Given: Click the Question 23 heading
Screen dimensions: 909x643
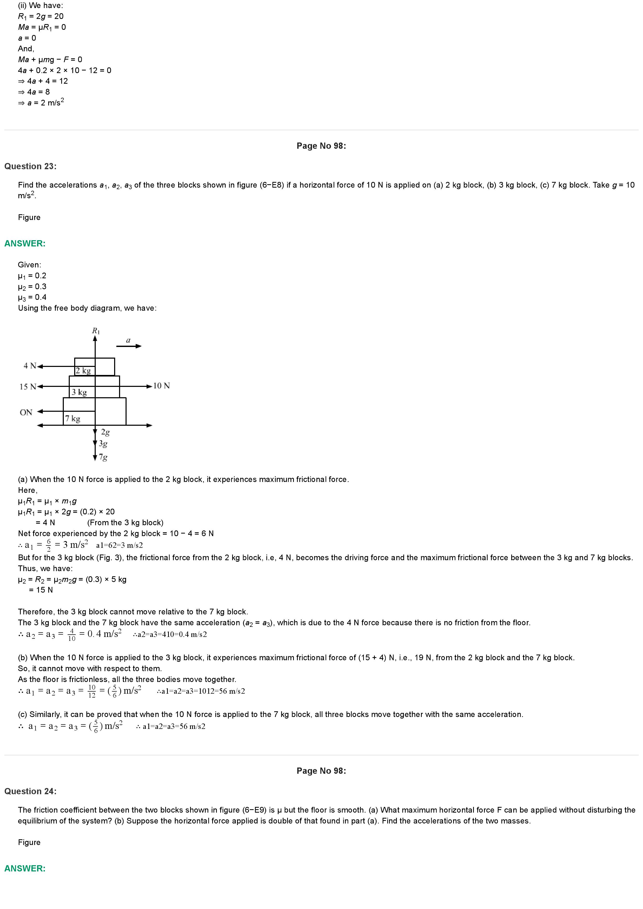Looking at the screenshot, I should coord(31,166).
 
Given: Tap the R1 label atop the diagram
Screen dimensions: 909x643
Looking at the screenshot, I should coord(96,331).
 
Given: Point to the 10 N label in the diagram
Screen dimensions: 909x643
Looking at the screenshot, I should coord(161,386).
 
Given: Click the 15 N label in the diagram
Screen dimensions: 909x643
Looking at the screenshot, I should coord(28,386).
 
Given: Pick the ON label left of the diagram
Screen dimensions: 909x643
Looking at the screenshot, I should coord(26,413).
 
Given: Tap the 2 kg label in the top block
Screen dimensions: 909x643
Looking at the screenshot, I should coord(83,371).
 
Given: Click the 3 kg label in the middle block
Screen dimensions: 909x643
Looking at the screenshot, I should coord(79,392).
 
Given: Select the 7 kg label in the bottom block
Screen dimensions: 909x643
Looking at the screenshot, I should coord(73,418).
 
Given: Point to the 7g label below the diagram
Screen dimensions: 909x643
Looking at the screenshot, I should coord(103,457).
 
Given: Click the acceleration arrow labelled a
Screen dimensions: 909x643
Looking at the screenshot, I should coord(129,346).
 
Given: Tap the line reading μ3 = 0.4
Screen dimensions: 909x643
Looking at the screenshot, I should coord(32,297).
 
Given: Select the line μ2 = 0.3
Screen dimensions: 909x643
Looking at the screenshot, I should coord(32,287).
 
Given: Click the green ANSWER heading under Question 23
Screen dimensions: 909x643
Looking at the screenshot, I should coord(25,244).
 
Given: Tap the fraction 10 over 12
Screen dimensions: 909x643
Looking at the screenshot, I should coord(92,692).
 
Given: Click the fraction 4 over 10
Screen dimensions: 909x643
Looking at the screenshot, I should coord(72,635).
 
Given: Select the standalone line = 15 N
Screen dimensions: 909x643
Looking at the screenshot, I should coord(41,590).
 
